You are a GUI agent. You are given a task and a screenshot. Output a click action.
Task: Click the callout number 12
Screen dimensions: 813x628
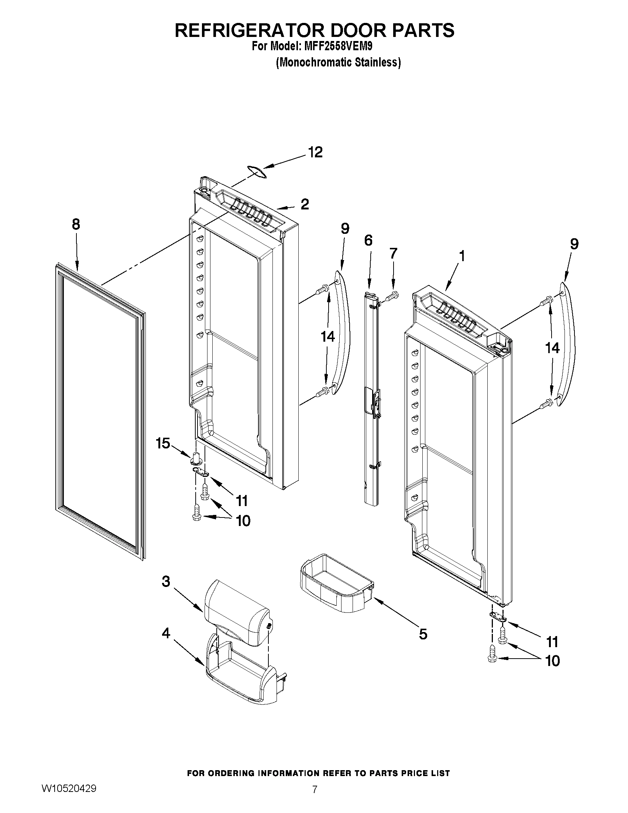click(x=316, y=152)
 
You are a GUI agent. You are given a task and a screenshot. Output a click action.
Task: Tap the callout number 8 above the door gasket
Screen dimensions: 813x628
click(x=76, y=225)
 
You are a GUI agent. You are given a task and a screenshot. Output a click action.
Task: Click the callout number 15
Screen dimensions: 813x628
click(x=163, y=443)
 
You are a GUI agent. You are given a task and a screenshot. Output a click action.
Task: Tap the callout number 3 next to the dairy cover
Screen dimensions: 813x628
click(x=166, y=581)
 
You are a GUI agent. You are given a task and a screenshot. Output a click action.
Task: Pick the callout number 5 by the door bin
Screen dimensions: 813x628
click(x=423, y=634)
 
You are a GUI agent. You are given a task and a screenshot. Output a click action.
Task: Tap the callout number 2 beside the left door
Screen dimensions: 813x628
click(x=305, y=204)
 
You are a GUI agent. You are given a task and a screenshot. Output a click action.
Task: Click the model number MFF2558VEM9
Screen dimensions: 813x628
click(x=339, y=47)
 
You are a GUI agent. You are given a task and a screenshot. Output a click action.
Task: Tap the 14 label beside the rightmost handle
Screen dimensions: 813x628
click(x=552, y=348)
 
